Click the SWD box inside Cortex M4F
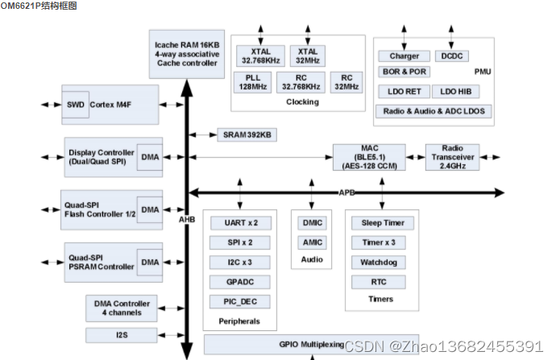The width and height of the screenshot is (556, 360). coord(75,105)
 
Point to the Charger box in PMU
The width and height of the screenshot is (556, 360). coord(404,56)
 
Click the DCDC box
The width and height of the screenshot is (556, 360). coord(450,56)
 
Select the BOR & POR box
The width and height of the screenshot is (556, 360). coord(404,72)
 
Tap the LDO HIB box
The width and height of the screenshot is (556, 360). coord(462,92)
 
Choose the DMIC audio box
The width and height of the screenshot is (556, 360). coord(311,222)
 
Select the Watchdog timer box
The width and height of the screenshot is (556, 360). coord(378,262)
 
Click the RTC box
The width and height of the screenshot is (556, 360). coord(378,282)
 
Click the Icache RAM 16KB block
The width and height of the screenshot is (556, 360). coord(186,50)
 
